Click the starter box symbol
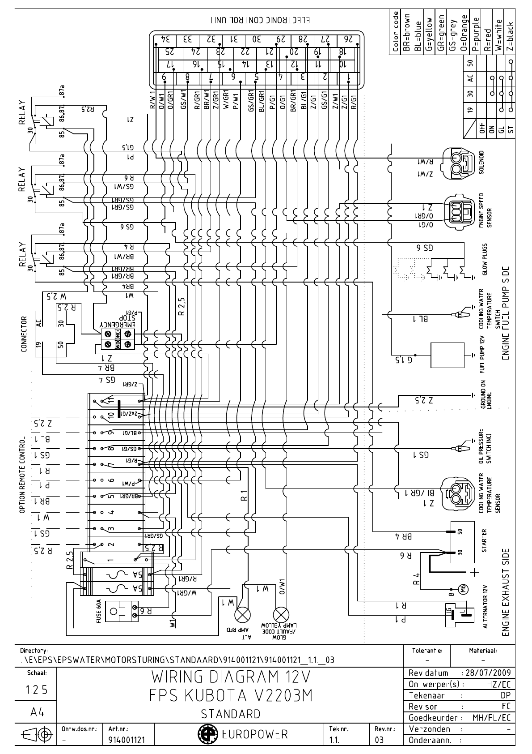(462, 541)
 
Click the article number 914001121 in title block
(127, 740)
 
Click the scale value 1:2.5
(36, 690)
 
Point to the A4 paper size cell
(36, 712)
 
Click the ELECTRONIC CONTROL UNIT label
(260, 21)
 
